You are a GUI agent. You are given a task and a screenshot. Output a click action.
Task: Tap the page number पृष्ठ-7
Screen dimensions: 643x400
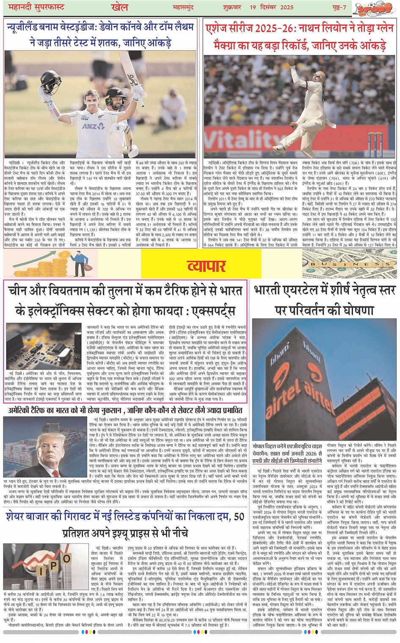337,8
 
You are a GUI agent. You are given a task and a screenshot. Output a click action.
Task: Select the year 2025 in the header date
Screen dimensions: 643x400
286,8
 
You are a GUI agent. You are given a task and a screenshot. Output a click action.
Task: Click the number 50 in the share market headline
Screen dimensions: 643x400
239,516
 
